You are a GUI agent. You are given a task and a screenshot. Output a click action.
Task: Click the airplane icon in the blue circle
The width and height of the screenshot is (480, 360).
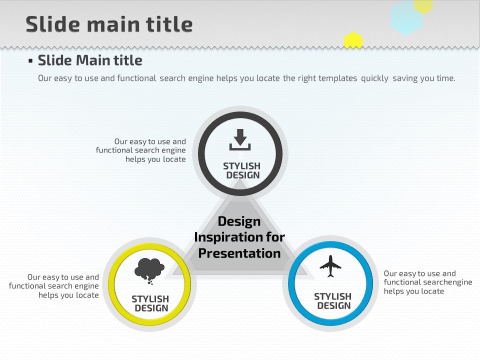point(330,266)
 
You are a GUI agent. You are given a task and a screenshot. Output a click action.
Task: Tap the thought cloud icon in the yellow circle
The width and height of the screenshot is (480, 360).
point(149,271)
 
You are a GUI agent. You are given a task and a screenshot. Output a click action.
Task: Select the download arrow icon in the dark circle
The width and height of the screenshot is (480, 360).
point(240,139)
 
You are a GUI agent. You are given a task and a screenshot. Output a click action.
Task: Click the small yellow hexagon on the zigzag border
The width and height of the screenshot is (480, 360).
point(353,40)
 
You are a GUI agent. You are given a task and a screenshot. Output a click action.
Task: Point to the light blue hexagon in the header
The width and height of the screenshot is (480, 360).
point(406,18)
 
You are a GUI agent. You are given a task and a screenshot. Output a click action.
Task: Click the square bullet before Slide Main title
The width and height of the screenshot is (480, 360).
point(30,61)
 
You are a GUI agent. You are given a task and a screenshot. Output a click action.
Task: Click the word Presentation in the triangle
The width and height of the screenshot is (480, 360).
point(239,253)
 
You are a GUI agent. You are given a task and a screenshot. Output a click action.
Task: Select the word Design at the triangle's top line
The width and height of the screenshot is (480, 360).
point(239,221)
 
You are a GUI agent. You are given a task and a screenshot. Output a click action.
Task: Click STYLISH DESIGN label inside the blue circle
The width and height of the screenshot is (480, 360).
point(333,301)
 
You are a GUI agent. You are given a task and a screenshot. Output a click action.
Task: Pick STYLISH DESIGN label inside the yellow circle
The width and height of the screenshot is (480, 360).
point(150,303)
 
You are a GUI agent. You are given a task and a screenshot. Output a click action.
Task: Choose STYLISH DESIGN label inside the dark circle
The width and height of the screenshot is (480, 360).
point(242,170)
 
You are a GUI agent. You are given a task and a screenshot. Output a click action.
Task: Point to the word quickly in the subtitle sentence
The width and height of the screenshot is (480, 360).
point(374,78)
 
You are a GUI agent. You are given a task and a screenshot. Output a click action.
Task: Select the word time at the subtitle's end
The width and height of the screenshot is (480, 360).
point(446,78)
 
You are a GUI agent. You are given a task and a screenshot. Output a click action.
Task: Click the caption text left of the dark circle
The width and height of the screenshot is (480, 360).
point(141,150)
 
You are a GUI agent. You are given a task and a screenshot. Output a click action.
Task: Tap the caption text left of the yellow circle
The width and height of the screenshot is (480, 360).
point(54,286)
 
